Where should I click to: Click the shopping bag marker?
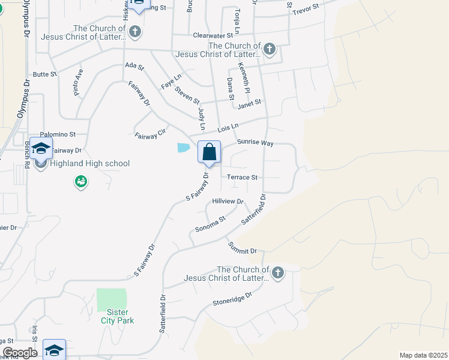(x=209, y=151)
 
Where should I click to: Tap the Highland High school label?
(x=89, y=163)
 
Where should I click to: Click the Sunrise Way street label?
(x=255, y=143)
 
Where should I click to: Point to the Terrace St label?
(x=243, y=178)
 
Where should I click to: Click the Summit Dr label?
(x=243, y=247)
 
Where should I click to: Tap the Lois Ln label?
(x=228, y=127)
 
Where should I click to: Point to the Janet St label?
(x=250, y=104)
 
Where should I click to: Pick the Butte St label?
(x=44, y=74)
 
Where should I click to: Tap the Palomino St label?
(x=58, y=135)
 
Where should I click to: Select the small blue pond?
(x=183, y=148)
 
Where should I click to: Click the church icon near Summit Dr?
(x=277, y=274)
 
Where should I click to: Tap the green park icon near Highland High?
(x=81, y=181)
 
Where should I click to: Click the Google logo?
(x=19, y=353)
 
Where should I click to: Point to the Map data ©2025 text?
(x=423, y=355)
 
